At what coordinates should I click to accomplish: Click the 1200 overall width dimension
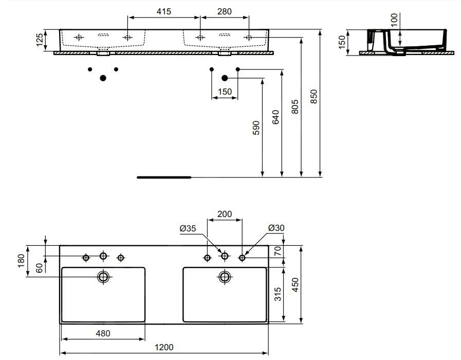[164, 348]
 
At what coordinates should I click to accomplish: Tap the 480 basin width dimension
[103, 333]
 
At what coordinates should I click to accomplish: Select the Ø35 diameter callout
[189, 229]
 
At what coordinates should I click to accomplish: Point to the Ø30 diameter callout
[276, 228]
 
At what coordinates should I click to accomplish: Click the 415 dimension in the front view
[163, 11]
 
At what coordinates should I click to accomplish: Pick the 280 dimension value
[225, 11]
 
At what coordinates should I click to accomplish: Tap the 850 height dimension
[316, 97]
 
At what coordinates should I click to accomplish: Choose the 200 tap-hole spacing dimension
[225, 214]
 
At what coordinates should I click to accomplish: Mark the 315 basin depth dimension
[278, 295]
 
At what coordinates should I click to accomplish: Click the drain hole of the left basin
[103, 277]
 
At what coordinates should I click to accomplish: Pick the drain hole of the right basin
[225, 277]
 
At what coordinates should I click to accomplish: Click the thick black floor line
[163, 177]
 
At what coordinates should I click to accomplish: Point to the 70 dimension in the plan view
[278, 251]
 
